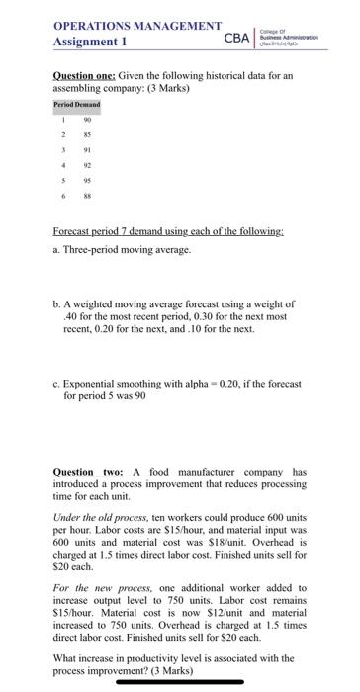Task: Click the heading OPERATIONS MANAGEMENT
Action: pos(136,25)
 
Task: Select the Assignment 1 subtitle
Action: pos(88,43)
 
